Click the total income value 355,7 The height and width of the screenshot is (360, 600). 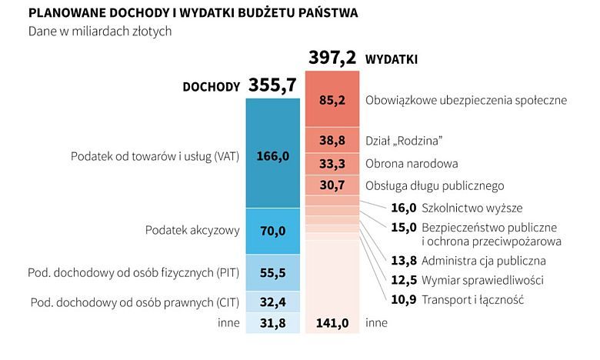[272, 85]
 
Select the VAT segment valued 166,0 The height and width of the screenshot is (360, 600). [272, 156]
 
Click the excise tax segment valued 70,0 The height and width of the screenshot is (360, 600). [272, 230]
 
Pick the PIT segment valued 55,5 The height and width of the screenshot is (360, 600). [272, 272]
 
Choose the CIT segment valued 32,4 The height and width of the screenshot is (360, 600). [272, 302]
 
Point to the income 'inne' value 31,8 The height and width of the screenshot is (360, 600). [272, 322]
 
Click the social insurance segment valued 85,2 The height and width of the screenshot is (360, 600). [332, 100]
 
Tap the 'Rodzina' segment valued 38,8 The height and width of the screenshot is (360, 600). [332, 141]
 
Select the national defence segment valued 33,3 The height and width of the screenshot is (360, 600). [332, 163]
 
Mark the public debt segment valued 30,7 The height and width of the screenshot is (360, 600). [332, 185]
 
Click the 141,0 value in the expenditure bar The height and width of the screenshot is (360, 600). [333, 323]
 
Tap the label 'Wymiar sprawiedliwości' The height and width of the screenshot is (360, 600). [482, 280]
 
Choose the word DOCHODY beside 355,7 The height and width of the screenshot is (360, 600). [211, 87]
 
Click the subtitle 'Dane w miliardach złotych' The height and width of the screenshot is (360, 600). [99, 32]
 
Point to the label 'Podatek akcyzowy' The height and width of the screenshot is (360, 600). [192, 230]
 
